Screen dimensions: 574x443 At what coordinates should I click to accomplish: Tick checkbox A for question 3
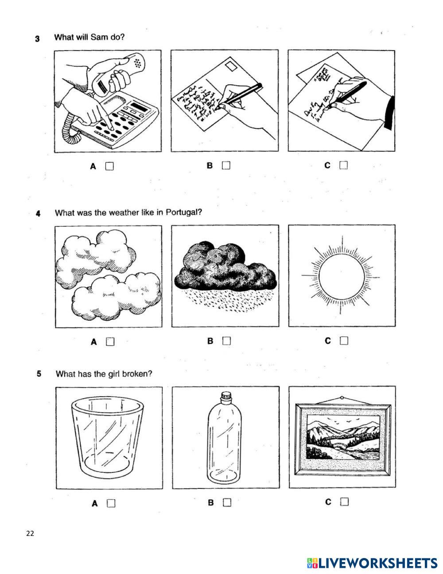(109, 166)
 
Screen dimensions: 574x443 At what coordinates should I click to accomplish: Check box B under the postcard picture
(226, 165)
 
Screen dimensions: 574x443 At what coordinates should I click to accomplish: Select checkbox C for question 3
(343, 165)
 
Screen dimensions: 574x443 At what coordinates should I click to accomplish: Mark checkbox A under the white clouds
(110, 342)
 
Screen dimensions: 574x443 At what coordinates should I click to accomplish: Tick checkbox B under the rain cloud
(227, 341)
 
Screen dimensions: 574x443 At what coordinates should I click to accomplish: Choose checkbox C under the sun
(344, 341)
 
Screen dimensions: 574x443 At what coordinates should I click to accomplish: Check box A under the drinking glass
(111, 503)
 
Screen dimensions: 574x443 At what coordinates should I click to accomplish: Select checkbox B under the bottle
(227, 502)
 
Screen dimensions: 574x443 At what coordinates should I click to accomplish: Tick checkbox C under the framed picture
(344, 502)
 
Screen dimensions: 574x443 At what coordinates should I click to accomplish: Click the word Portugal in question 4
(183, 212)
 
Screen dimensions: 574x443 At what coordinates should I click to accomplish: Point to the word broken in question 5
(138, 374)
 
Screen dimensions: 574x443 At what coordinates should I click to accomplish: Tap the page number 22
(30, 533)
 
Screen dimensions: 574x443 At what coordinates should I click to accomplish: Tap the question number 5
(39, 374)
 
